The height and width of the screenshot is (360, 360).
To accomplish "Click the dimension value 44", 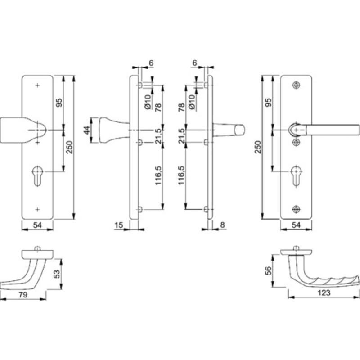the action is point(86,130).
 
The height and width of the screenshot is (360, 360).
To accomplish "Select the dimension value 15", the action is point(119,225).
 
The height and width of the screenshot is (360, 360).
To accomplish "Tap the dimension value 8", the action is point(222,225).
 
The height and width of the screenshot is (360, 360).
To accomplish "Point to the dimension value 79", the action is point(23,295).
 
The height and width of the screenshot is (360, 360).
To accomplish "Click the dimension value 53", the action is point(57,274).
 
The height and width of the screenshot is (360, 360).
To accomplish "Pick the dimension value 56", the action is point(268,270).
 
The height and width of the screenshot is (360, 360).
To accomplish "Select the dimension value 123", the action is point(324,293).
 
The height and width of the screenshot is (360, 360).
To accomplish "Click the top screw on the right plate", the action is point(297,85).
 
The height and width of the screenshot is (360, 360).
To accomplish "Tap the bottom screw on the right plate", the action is point(297,209).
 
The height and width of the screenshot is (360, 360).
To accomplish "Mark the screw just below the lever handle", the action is point(297,143).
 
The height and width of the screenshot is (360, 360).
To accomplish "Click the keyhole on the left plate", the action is point(37,175).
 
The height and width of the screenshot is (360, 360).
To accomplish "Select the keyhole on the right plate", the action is point(297,175).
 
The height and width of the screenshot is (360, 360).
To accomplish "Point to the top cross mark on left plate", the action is point(37,85).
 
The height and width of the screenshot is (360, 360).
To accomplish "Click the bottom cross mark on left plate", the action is point(37,209).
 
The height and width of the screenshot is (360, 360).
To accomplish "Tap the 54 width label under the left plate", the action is point(37,225).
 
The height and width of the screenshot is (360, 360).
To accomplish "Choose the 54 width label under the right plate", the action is point(296,225).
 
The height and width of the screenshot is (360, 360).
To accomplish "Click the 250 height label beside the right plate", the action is point(258,147).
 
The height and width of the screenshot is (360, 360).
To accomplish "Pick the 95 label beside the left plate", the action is point(59,103).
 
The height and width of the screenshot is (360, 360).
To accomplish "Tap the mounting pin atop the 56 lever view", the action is point(297,248).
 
